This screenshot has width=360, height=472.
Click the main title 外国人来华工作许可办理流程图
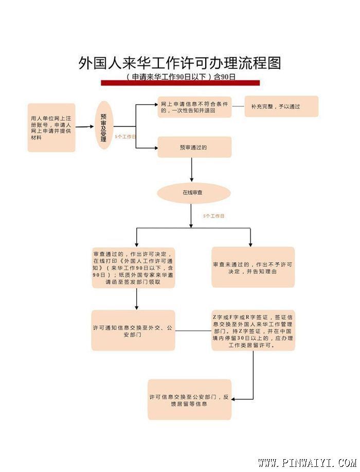180,63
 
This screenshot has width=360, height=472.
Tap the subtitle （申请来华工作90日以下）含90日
180,77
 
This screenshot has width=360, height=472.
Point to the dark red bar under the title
180,83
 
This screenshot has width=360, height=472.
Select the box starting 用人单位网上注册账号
51,128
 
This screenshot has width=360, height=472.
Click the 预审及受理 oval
104,125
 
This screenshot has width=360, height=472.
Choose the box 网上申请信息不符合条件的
194,106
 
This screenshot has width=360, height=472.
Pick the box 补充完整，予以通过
281,106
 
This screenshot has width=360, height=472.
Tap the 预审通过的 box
194,147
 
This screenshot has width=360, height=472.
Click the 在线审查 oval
192,192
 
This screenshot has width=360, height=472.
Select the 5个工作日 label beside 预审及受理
125,137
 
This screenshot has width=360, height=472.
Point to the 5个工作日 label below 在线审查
213,216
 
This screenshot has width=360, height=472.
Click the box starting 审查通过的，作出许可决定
134,267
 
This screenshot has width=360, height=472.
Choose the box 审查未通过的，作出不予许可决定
253,267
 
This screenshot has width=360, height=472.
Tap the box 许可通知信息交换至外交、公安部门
133,331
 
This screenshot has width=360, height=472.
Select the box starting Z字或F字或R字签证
253,331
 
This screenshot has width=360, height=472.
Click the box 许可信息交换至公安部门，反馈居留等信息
189,400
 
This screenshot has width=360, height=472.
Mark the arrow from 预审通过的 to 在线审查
192,170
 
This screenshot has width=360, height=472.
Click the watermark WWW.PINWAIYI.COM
307,462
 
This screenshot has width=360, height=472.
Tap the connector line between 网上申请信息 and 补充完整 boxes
238,106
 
